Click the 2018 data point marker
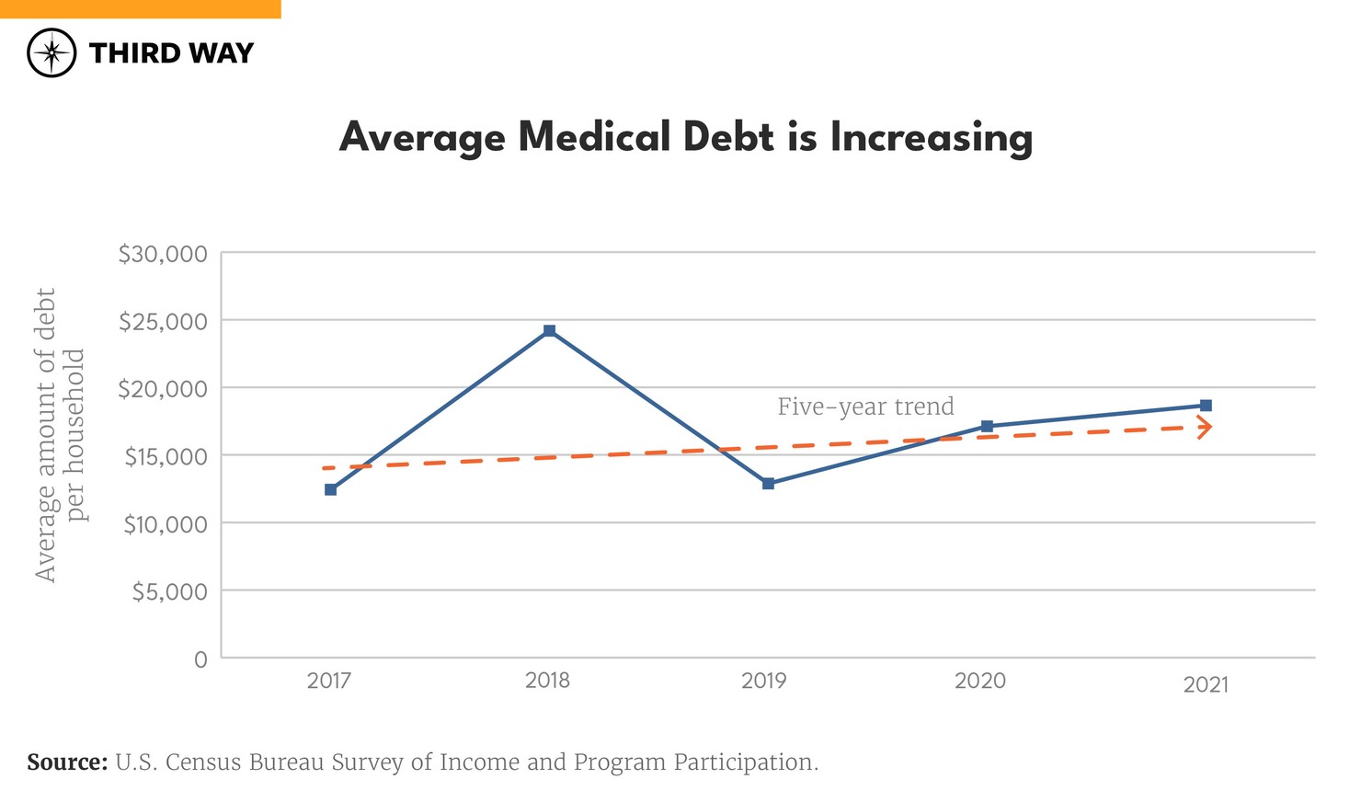point(549,330)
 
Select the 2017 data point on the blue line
point(330,489)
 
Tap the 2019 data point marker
point(768,483)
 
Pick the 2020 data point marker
point(987,426)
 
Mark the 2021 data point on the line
point(1206,406)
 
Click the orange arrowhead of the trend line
point(1205,427)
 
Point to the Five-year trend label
point(865,407)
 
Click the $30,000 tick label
point(163,254)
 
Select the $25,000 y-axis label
point(163,321)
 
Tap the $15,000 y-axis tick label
point(166,456)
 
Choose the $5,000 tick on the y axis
point(169,591)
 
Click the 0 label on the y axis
point(200,659)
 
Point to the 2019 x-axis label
point(764,681)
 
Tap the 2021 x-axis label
point(1205,684)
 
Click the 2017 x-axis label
point(328,681)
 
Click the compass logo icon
point(51,52)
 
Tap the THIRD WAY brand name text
point(171,53)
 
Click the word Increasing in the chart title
point(931,138)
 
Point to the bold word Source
point(67,762)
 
